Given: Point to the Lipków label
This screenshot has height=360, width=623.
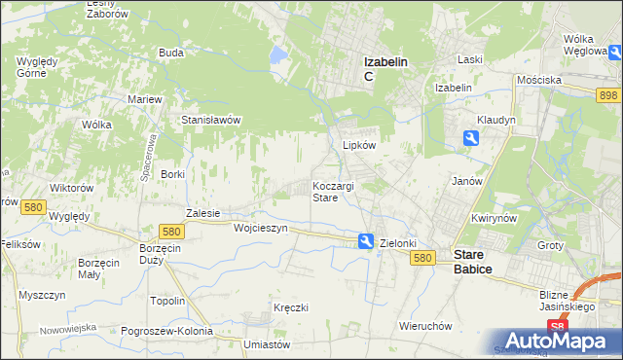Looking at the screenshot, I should [x=359, y=144].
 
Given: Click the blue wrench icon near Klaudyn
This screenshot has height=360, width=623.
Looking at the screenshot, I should [x=471, y=138].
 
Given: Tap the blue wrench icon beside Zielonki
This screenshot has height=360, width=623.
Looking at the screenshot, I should [x=365, y=241].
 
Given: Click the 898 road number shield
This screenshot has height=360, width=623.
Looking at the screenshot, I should [x=609, y=93].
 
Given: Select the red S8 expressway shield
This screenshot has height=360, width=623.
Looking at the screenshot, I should [x=556, y=328].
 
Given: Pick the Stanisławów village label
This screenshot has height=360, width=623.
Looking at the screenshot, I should [x=211, y=120].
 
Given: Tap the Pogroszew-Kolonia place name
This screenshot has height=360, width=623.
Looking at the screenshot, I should [x=167, y=331].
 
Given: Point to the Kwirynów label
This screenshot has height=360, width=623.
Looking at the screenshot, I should [x=493, y=219].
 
